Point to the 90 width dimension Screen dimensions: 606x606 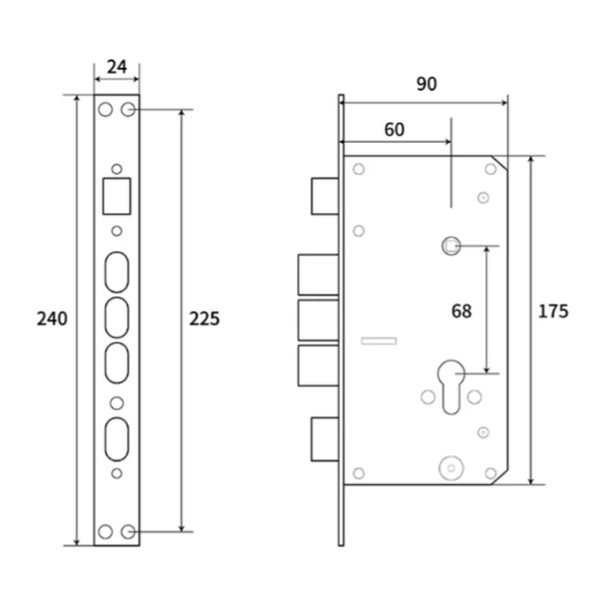click(x=426, y=84)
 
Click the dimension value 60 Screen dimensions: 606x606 click(x=394, y=129)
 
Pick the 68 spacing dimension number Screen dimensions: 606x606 click(x=461, y=311)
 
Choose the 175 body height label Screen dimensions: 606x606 click(x=553, y=311)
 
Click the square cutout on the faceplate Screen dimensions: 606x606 click(x=116, y=195)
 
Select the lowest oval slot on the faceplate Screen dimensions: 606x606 click(x=116, y=438)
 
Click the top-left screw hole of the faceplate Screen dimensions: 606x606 click(x=105, y=110)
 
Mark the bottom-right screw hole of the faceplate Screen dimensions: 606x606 click(x=128, y=531)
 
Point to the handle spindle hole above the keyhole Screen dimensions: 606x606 click(x=451, y=246)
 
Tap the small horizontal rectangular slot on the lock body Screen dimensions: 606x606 click(x=379, y=340)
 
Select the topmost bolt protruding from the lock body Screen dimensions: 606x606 click(x=324, y=195)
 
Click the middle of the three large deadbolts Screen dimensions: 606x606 click(x=318, y=321)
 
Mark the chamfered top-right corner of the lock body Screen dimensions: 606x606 click(x=499, y=163)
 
